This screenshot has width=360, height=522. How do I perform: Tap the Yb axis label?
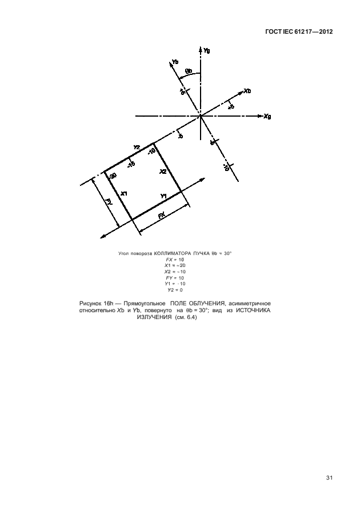point(174,62)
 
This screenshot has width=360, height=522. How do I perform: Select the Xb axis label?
point(248,91)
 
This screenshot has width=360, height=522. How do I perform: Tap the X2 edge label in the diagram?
point(163,172)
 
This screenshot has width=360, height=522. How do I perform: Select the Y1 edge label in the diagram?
point(164,197)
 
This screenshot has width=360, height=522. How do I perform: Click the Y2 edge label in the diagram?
point(137,148)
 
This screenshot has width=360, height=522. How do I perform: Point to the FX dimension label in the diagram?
point(162,216)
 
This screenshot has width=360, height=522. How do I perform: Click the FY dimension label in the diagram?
point(108,202)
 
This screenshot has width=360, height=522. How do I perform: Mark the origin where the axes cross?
point(200,117)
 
